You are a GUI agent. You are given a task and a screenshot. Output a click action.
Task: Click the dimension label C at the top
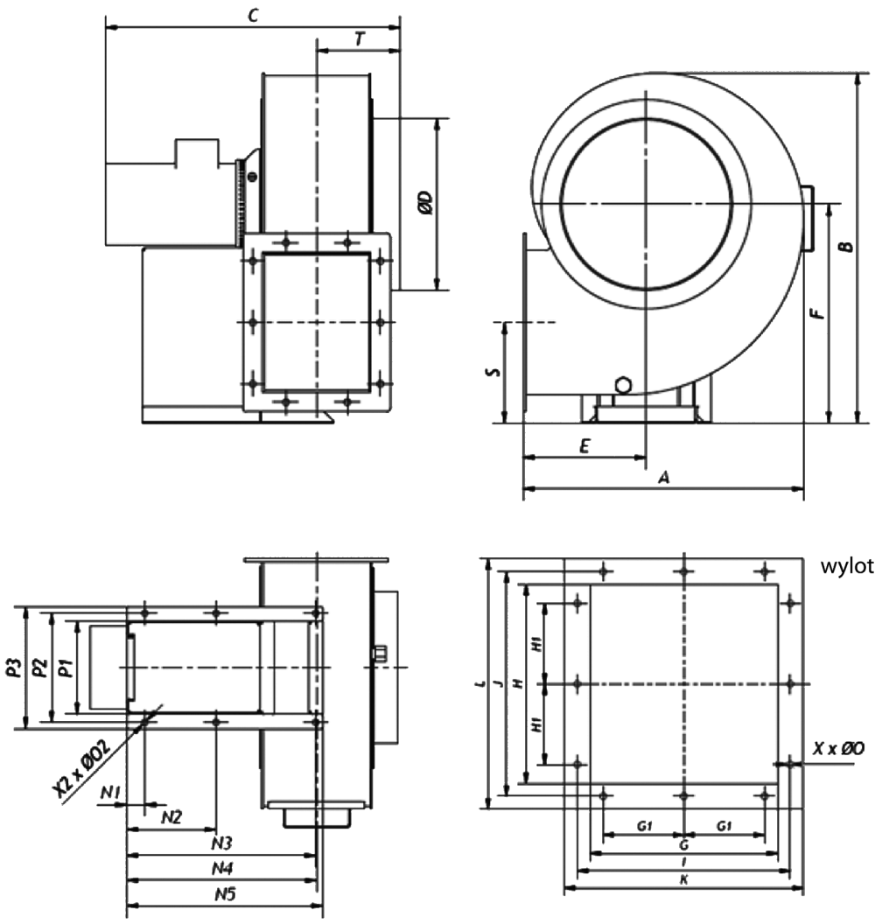tap(253, 16)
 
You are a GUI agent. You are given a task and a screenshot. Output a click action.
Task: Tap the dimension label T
tap(359, 38)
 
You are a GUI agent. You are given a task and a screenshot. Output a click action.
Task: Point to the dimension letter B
tap(846, 246)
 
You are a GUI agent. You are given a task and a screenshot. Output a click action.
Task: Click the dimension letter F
tap(816, 313)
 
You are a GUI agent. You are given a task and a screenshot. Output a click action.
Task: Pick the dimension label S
tap(493, 372)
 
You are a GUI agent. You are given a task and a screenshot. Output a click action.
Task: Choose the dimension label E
tap(584, 445)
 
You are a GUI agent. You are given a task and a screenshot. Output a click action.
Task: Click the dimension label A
tap(664, 477)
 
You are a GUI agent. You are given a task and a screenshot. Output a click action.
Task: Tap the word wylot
tap(847, 566)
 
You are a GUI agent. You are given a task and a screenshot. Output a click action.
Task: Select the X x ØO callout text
tap(838, 748)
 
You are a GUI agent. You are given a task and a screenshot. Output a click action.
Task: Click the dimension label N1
tap(110, 793)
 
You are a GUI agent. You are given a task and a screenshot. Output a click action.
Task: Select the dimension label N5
tap(225, 894)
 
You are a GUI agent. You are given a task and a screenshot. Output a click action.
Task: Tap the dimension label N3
tap(221, 843)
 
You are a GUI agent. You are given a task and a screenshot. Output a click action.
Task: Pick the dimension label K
tap(683, 879)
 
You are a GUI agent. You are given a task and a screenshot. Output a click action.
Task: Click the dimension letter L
tap(480, 683)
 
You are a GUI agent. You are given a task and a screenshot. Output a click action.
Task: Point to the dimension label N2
tap(171, 816)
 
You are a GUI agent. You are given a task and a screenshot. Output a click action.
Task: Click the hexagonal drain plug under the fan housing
tap(622, 386)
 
